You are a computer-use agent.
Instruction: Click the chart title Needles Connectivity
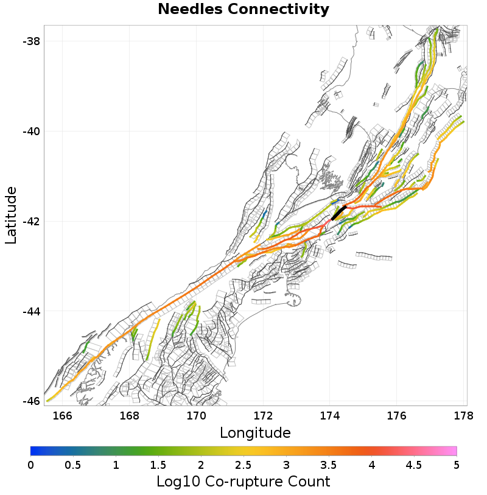(243, 10)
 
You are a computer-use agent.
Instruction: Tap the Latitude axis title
(12, 216)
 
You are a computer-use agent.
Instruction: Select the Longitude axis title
(255, 433)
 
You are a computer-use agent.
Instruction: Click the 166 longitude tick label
(63, 416)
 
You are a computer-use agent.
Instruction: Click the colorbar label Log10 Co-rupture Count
(243, 482)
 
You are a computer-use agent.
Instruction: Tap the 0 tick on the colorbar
(31, 465)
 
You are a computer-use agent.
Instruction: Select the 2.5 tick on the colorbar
(243, 465)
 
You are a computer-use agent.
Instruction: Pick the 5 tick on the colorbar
(457, 465)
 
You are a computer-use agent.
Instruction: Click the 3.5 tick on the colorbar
(329, 465)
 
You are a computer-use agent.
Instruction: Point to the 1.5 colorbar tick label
(158, 465)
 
